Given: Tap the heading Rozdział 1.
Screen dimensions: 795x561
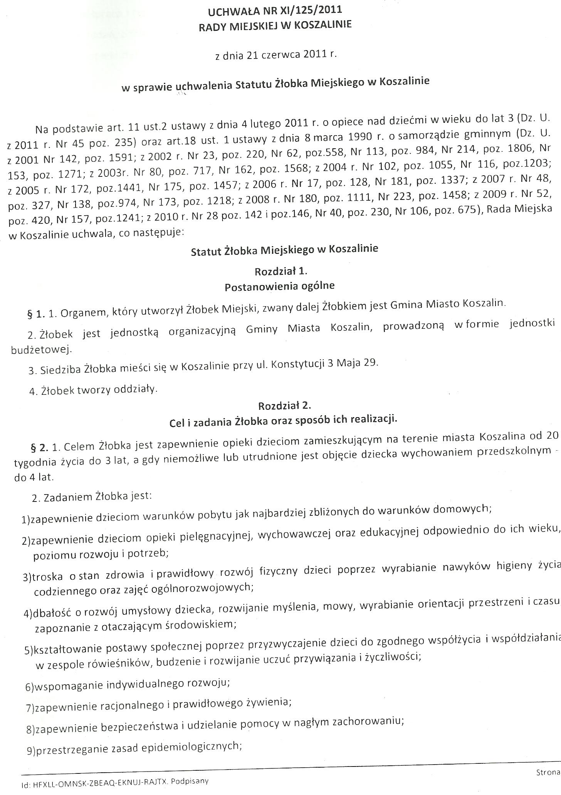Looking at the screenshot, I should tap(281, 271).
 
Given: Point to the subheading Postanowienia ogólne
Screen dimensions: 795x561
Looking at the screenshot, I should tap(280, 286).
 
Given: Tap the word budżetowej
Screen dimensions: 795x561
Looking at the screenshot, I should tap(41, 350).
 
